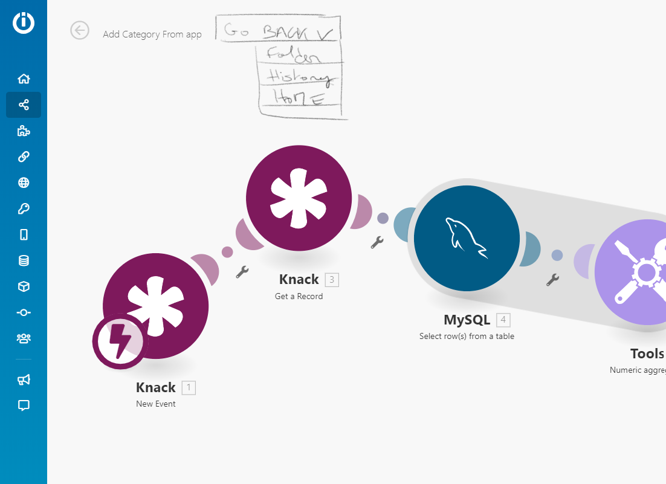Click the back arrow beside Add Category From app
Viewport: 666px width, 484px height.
click(x=80, y=30)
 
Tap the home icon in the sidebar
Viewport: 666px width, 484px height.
click(x=24, y=79)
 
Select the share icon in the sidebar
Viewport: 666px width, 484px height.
click(x=24, y=105)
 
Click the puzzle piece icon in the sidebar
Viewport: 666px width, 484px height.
click(x=24, y=131)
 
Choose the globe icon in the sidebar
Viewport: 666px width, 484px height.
click(x=24, y=182)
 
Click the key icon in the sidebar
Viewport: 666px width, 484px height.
click(x=24, y=209)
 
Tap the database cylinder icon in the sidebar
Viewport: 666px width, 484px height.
click(x=24, y=261)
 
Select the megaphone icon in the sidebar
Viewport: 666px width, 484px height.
click(x=24, y=379)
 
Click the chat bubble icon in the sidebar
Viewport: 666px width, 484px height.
click(x=24, y=405)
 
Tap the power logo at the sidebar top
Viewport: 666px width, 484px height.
click(x=24, y=23)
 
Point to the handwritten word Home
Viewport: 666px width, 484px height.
click(x=299, y=97)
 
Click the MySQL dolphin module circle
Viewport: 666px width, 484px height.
click(x=467, y=238)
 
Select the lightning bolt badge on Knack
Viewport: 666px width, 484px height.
click(x=120, y=341)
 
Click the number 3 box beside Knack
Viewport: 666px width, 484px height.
click(x=332, y=280)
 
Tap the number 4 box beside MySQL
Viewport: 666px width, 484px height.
click(x=503, y=320)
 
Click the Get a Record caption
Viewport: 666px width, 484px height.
click(x=299, y=296)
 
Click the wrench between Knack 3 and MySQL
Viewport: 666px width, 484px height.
click(x=377, y=242)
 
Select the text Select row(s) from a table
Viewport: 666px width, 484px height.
click(x=467, y=336)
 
